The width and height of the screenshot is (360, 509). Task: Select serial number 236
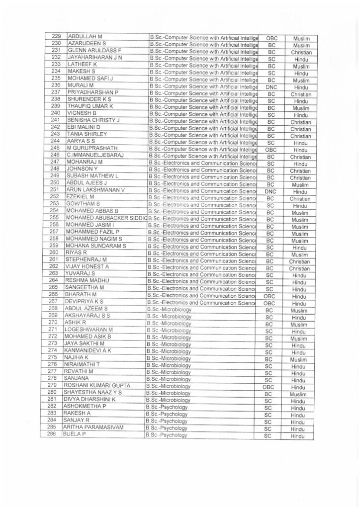pos(56,85)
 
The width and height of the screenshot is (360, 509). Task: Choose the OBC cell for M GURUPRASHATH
pos(271,150)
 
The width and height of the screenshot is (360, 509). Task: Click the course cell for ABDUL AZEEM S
pos(199,310)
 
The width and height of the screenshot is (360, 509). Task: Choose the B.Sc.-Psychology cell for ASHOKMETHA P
pos(199,407)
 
